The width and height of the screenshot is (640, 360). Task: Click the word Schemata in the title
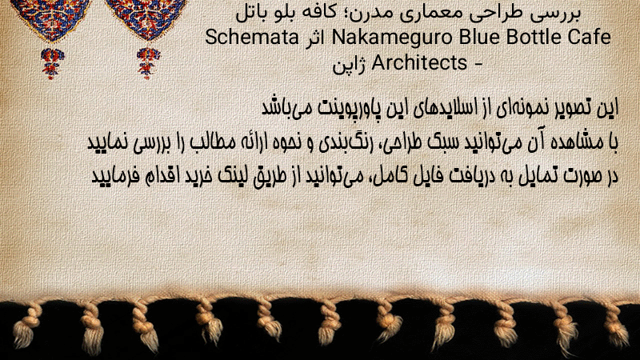tap(252, 37)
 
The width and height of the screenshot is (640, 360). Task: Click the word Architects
tap(419, 62)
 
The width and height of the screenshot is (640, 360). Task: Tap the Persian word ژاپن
tap(350, 65)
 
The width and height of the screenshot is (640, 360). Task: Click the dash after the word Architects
tap(478, 64)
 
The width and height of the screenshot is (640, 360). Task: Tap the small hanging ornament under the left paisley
tap(52, 64)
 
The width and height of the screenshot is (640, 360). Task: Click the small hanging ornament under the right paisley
tap(148, 63)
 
